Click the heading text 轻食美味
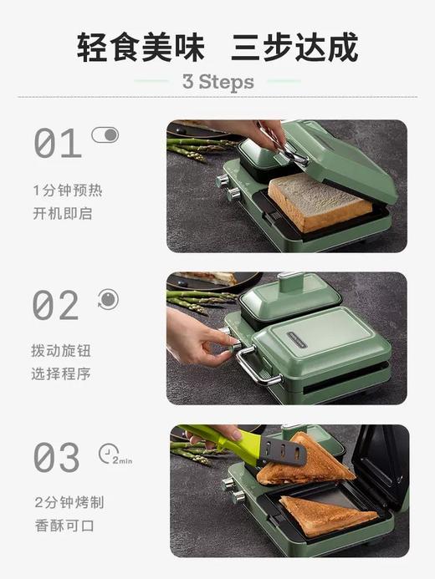139,47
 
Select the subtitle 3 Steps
217,82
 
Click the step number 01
57,144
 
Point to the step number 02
57,305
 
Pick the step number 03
57,457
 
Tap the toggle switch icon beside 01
105,135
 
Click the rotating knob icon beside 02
107,299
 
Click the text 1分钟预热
68,190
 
